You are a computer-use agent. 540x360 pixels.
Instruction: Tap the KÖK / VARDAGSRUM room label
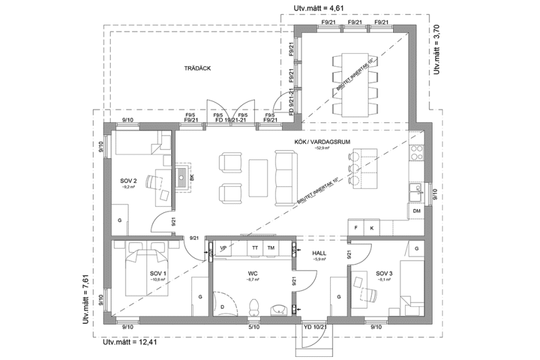pos(322,142)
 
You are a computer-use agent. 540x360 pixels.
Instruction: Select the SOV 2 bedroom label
pos(128,182)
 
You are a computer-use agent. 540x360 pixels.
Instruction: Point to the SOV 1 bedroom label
pos(157,273)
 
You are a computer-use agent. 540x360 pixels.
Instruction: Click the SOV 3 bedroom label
pos(384,273)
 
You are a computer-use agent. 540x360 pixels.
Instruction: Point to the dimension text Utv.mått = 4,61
pos(318,8)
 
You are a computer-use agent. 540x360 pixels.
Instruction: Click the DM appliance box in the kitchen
pos(417,212)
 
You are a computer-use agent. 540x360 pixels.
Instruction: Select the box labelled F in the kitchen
pos(356,227)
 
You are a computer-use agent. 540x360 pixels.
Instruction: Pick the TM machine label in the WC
pos(271,248)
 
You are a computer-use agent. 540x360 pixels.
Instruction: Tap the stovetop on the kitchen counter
pos(417,153)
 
